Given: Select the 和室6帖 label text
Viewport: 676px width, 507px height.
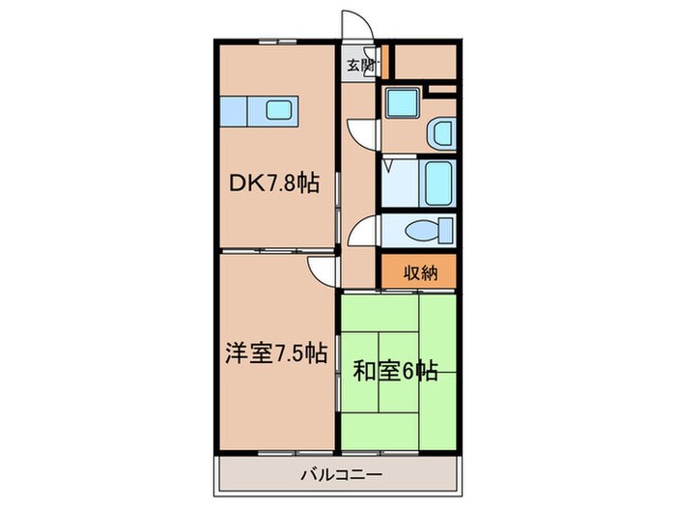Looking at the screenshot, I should [397, 370].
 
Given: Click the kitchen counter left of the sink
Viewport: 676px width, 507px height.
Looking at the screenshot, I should [237, 111].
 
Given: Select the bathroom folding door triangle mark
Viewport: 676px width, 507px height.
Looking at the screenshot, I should [387, 166].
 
